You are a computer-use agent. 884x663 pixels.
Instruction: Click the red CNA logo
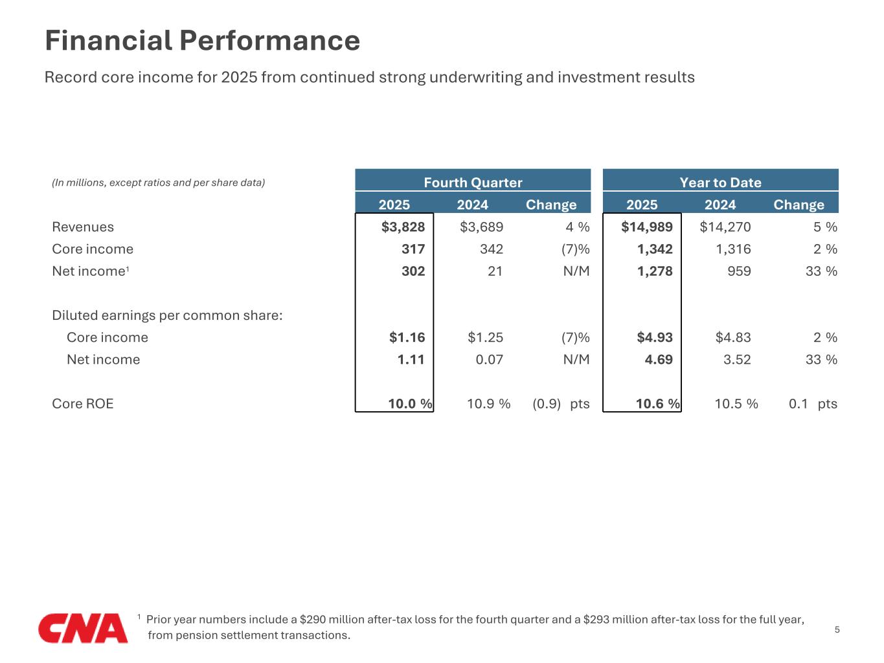83,627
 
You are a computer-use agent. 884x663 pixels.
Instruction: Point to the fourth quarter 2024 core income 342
492,249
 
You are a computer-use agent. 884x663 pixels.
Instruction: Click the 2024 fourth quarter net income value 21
495,271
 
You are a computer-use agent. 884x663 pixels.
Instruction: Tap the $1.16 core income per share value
407,337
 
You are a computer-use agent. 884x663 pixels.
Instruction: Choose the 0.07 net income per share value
489,359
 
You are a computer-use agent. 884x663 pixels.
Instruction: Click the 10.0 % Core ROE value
410,403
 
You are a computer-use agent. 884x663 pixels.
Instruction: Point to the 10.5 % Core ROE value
736,403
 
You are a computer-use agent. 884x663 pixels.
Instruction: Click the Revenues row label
83,227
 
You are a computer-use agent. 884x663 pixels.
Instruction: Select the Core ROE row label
83,403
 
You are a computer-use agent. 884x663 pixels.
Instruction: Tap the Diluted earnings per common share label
167,315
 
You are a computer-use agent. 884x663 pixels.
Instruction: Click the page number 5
837,629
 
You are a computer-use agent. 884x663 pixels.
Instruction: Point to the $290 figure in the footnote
312,619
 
